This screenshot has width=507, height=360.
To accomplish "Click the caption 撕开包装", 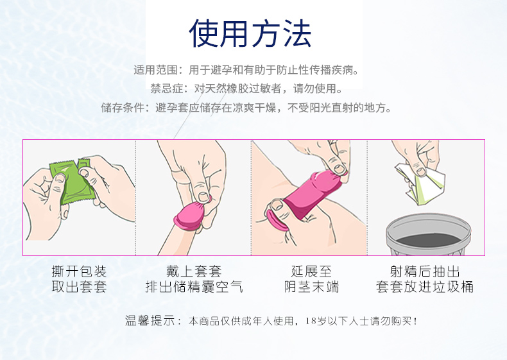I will [x=78, y=271].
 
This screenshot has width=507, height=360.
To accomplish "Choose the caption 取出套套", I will [x=78, y=287].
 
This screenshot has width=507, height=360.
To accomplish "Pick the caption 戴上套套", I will [x=194, y=271].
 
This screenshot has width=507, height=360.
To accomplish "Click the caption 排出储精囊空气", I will [x=194, y=287].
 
